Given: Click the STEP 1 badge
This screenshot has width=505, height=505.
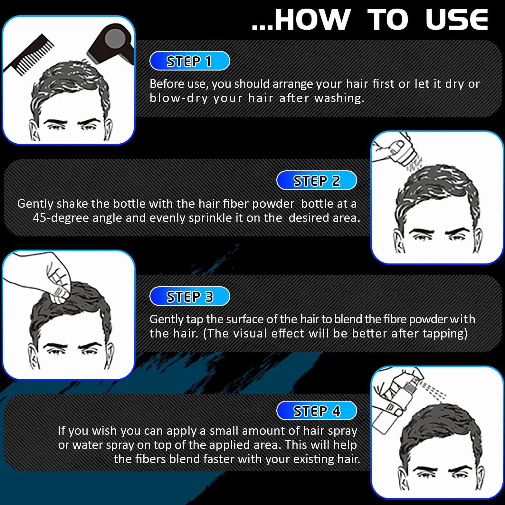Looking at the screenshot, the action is pos(190,61).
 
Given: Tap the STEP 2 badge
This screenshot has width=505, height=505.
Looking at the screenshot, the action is pos(317,180).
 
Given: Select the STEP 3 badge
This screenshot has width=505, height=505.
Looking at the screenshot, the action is pos(190,296).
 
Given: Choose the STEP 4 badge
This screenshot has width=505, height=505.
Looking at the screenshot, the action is pos(317,411).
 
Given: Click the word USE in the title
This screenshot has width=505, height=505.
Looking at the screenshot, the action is pos(457,19).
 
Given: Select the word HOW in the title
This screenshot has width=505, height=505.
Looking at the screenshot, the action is pos(312,19).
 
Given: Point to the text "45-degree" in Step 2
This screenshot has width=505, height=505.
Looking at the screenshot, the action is pos(61,218).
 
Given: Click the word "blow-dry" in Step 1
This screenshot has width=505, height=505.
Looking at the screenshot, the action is pos(179,98).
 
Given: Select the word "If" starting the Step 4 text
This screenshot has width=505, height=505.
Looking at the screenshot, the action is pos(62,431).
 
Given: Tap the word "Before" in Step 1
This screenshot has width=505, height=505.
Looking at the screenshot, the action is pos(167,84).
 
